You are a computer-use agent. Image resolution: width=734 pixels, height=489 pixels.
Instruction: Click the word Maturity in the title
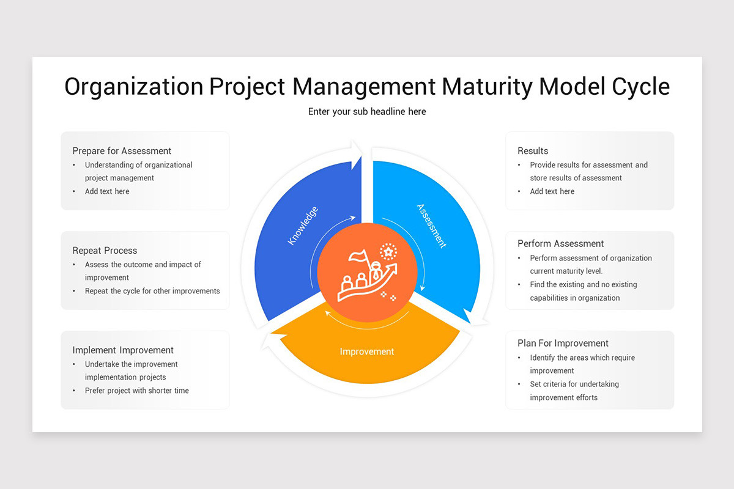tap(486, 87)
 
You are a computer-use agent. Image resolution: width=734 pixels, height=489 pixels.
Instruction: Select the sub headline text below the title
tap(367, 111)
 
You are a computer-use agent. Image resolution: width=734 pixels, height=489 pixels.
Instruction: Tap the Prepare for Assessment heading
tap(122, 151)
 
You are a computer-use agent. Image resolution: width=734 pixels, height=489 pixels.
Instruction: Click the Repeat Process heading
tap(105, 251)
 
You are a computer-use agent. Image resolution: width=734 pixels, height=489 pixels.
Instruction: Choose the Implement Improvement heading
tap(123, 350)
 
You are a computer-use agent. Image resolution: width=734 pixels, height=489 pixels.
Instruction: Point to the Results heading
tap(533, 151)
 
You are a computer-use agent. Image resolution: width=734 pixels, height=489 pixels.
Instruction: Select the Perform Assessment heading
tap(560, 244)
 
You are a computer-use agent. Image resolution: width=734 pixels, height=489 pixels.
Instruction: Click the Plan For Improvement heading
tap(563, 344)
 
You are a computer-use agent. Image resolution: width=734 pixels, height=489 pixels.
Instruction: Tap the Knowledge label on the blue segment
tap(303, 226)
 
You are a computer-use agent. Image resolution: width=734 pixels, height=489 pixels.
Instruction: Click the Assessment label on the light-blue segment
tap(431, 226)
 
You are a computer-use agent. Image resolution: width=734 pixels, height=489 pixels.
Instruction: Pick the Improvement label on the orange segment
tap(367, 351)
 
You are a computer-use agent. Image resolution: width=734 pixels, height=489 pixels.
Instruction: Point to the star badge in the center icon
tap(388, 251)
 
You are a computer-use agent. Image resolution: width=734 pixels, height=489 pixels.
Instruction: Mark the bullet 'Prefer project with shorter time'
tap(137, 391)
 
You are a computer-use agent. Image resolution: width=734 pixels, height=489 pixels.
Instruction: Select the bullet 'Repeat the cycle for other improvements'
tap(152, 291)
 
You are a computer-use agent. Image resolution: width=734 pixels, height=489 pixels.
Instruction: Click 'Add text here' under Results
tap(552, 191)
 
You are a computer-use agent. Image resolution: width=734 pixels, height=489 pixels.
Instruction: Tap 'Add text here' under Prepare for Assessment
tap(107, 191)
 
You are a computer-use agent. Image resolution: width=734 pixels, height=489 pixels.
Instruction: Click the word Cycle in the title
tap(640, 87)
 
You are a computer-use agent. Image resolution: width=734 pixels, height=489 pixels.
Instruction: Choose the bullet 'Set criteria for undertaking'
tap(574, 384)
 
